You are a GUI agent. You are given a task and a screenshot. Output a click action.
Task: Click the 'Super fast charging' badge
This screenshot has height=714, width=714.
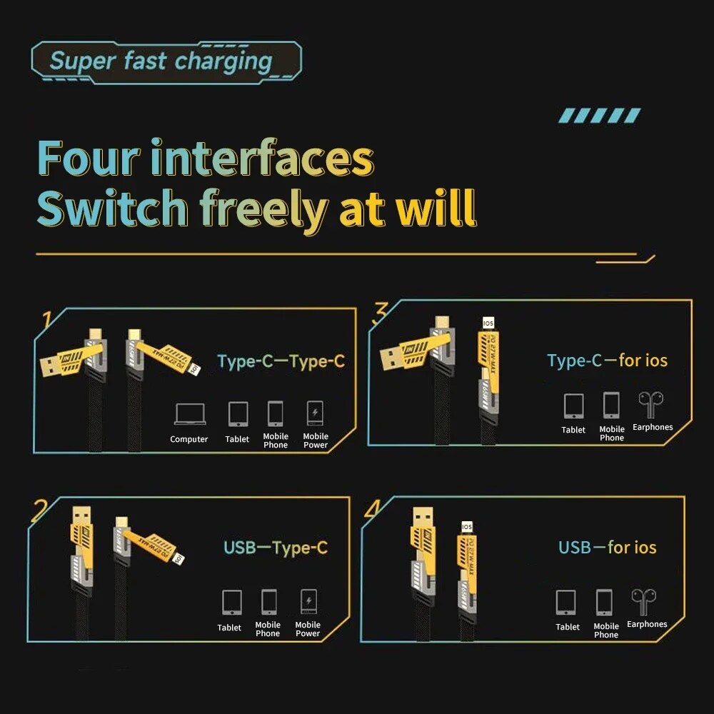pyautogui.click(x=166, y=62)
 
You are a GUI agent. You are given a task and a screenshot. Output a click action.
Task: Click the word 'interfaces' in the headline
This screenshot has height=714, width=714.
pyautogui.click(x=262, y=159)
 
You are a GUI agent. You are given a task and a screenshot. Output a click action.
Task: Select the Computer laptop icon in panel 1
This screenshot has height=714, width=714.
pyautogui.click(x=189, y=414)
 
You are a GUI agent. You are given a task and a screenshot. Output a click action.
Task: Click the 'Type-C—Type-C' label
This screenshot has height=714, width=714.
pyautogui.click(x=281, y=361)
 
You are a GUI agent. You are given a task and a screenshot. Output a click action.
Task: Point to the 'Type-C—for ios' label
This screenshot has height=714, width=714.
pyautogui.click(x=608, y=361)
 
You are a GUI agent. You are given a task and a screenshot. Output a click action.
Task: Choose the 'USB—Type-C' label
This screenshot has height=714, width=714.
pyautogui.click(x=276, y=548)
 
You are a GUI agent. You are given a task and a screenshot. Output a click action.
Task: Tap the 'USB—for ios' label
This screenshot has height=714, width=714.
pyautogui.click(x=608, y=548)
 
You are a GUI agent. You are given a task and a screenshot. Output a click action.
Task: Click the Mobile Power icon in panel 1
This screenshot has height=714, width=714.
pyautogui.click(x=315, y=413)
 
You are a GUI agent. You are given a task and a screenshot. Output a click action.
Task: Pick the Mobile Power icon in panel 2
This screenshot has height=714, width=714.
pyautogui.click(x=308, y=602)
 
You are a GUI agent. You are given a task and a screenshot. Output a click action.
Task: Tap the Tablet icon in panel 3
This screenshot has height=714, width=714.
pyautogui.click(x=573, y=406)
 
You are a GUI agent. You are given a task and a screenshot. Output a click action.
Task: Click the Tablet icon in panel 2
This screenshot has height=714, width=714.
pyautogui.click(x=231, y=602)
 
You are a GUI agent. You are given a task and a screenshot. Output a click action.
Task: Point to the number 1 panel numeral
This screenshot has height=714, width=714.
pyautogui.click(x=48, y=319)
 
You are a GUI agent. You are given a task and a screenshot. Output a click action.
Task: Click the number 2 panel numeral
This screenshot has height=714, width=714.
pyautogui.click(x=40, y=509)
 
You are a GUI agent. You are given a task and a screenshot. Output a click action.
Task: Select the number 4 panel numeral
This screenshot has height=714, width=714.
pyautogui.click(x=373, y=509)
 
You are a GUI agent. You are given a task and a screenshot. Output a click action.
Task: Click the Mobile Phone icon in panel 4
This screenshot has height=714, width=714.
pyautogui.click(x=605, y=603)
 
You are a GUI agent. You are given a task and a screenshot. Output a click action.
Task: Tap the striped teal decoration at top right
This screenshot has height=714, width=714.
pyautogui.click(x=600, y=116)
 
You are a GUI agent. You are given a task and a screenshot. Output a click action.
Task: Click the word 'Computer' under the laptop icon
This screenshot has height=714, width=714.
pyautogui.click(x=189, y=439)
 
